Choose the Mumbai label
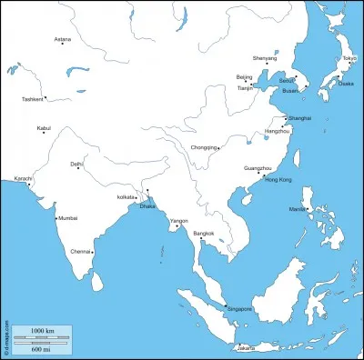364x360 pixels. (68, 218)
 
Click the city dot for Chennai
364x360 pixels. (95, 250)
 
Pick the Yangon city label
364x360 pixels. (179, 221)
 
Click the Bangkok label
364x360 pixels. (204, 234)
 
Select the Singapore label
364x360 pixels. (239, 309)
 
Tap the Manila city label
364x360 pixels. (298, 210)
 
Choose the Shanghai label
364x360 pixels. (300, 118)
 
